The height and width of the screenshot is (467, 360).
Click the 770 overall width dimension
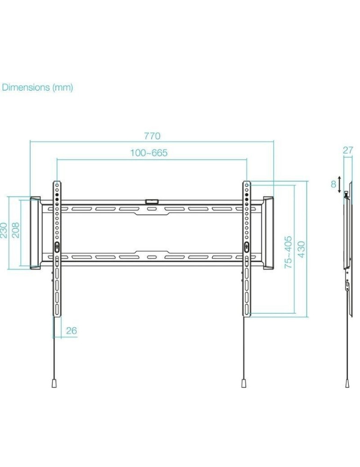(152, 136)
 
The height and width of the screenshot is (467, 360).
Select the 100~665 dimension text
(149, 153)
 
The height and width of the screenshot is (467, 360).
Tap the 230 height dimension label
(4, 230)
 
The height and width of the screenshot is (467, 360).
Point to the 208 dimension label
(15, 230)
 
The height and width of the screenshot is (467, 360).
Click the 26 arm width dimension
(71, 331)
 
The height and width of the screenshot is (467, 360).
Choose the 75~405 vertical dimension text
(289, 252)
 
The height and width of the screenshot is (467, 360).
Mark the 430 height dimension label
(301, 252)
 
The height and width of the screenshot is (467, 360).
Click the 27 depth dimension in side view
(348, 150)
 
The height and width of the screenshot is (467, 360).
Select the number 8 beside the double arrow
(333, 184)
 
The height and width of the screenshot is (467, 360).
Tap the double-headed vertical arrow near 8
(339, 184)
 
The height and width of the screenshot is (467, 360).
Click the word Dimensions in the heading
(26, 87)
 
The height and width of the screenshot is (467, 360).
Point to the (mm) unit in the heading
(62, 87)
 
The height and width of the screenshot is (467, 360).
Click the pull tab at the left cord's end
(54, 383)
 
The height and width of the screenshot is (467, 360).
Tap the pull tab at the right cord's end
(244, 383)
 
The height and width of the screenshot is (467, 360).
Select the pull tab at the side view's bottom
(347, 383)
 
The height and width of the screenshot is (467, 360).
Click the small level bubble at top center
(152, 202)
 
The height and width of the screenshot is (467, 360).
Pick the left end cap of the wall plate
(35, 233)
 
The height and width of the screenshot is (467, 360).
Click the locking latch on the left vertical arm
(56, 247)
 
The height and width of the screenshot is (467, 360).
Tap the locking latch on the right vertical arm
(246, 247)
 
